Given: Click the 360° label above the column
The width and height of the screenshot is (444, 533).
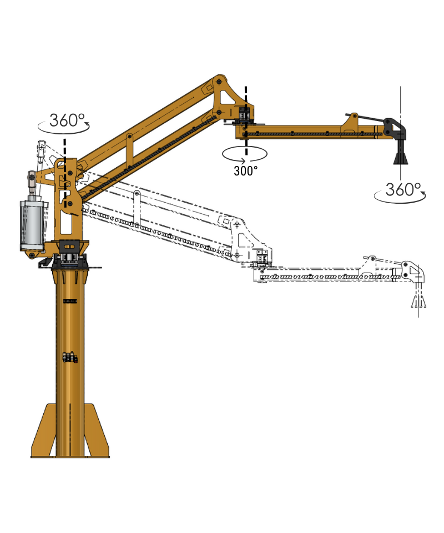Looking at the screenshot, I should click(x=67, y=120).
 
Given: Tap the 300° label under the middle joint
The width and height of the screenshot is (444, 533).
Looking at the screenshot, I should click(x=245, y=171).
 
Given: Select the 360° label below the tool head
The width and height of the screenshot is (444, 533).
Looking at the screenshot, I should click(x=403, y=190).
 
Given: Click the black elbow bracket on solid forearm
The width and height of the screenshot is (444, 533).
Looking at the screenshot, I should click(x=397, y=128).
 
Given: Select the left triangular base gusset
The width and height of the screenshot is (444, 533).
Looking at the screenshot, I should click(x=45, y=433).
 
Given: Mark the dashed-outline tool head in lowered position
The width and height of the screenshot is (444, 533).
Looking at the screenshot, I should click(x=418, y=300).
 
